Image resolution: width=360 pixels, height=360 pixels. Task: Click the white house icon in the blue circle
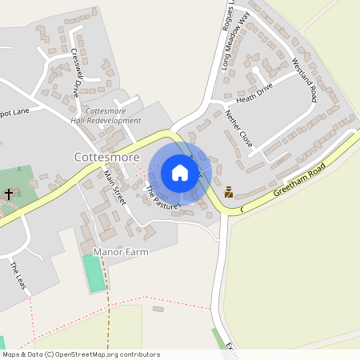tap(180, 172)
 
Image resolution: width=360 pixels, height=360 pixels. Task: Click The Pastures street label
tap(163, 198)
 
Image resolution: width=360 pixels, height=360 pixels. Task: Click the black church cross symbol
tap(9, 194)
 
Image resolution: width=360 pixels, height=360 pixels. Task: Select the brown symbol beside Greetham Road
tap(229, 192)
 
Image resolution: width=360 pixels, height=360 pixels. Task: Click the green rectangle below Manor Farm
tap(94, 274)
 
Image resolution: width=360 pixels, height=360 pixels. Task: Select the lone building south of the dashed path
tap(158, 308)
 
